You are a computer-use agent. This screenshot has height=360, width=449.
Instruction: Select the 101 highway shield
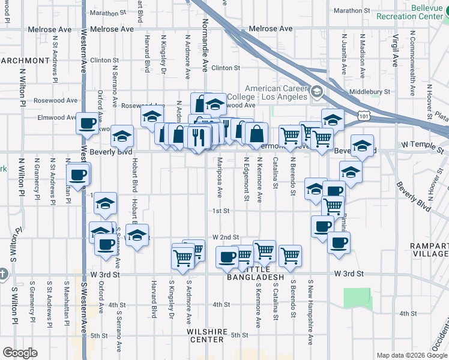click(362, 113)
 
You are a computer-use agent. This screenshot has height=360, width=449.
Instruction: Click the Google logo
click(20, 353)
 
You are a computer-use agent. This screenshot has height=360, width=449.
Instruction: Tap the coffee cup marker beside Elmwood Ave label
click(87, 123)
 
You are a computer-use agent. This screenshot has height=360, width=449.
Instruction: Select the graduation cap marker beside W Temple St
click(363, 145)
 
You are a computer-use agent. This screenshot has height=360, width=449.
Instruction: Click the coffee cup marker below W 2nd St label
click(228, 256)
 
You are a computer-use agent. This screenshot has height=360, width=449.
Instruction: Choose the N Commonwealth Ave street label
click(412, 66)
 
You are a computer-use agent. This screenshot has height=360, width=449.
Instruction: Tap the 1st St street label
click(221, 211)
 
